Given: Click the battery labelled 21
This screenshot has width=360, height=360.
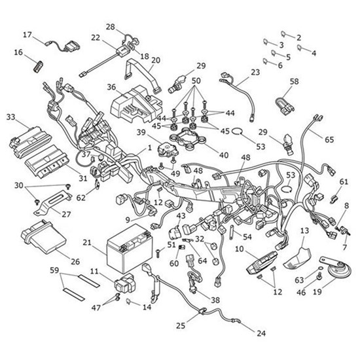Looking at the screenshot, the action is coord(129,249).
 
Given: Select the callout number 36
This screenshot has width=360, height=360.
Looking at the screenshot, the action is coord(111,87).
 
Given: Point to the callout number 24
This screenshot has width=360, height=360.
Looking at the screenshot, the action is coord(261,333).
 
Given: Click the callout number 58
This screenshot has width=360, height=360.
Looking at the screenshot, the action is coord(294,82).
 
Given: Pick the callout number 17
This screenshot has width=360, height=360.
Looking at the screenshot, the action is coord(27,35).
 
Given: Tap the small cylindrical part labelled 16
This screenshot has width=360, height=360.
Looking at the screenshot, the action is coord(39,67).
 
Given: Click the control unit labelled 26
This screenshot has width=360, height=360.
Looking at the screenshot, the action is coord(44,238).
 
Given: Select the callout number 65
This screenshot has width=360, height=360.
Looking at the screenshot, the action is coord(329,139).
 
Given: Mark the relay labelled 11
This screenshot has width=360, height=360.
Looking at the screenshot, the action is coord(124,283).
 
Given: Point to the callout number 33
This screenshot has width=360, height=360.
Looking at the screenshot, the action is coord(10,117).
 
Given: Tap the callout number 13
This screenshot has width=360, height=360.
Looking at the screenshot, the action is coord(304,230).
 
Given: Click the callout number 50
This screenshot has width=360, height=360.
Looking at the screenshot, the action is coord(196,81).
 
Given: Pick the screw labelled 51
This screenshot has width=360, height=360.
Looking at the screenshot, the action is coord(158,253).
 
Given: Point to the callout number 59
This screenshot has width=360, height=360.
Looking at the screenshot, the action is coord(54,270).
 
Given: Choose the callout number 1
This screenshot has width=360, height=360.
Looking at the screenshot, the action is coord(150,147).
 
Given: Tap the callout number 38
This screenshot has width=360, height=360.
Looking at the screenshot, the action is coord(215,300).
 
